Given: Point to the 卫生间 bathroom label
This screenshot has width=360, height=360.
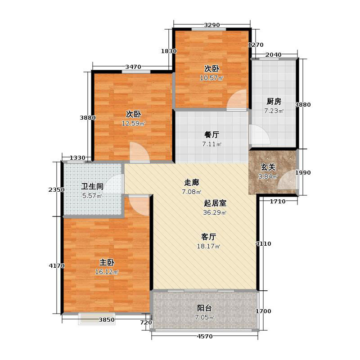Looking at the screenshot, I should point(92,186).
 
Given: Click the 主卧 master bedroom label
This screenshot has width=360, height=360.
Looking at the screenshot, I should point(107,262).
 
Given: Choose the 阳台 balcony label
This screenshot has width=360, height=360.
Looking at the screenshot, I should point(204,308).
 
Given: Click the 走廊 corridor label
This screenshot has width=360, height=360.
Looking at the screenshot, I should point(191,183).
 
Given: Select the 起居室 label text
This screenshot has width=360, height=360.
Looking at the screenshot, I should point(215,203).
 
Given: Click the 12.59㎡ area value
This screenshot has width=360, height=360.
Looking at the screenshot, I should point(133,123).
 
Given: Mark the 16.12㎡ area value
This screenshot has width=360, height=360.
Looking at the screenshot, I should point(107,272).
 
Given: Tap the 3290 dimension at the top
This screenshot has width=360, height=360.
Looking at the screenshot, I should point(211,25).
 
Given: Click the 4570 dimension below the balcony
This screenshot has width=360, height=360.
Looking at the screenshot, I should point(204,337).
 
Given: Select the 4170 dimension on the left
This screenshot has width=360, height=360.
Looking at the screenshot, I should point(56,266).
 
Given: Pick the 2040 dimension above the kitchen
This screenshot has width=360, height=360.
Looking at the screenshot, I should point(273,55).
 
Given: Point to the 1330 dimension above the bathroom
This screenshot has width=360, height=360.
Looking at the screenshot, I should point(77,157).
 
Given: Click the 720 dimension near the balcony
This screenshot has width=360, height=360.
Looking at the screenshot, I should point(146,323).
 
